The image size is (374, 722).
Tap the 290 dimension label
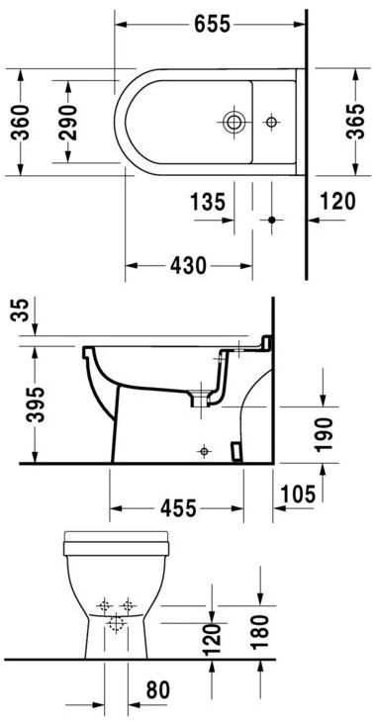pos(68,123)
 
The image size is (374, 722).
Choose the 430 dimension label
pos(188,265)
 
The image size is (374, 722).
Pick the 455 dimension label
pos(179,507)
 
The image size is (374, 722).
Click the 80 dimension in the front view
pos(157,689)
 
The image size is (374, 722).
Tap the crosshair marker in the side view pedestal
pos(204,450)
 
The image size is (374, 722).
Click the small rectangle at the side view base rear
pos(236,450)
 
